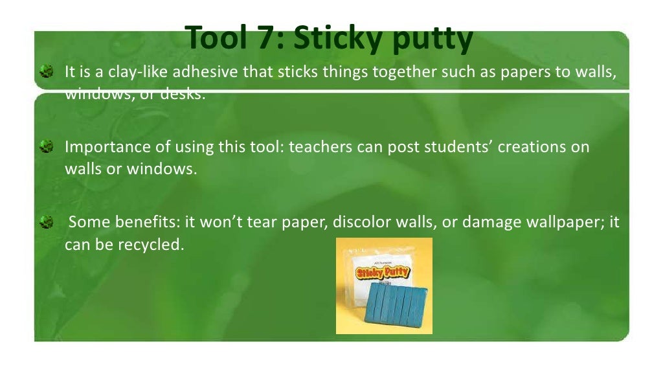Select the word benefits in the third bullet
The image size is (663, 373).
coord(148,223)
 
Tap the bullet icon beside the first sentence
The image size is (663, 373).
coord(46,71)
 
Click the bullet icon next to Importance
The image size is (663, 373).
coord(46,147)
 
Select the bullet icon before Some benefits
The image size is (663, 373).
coord(46,223)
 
